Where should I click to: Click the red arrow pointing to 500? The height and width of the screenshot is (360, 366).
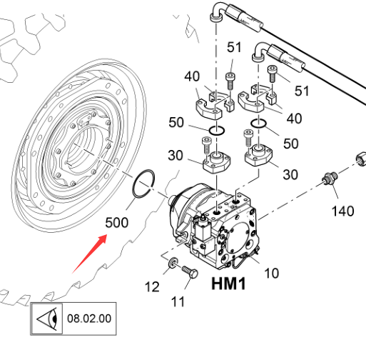(x=89, y=254)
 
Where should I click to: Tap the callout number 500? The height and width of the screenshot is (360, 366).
(x=117, y=223)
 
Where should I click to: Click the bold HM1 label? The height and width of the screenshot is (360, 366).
(x=228, y=284)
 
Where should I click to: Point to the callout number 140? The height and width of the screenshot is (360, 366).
(x=342, y=211)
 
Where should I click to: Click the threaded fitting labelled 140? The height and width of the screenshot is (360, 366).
(x=330, y=179)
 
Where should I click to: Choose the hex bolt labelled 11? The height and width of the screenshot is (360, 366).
(x=190, y=272)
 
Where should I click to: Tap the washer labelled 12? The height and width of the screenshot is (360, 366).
(x=173, y=263)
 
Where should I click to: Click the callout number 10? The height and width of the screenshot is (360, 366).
(x=271, y=273)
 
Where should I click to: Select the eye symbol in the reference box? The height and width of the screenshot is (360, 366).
(x=47, y=319)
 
